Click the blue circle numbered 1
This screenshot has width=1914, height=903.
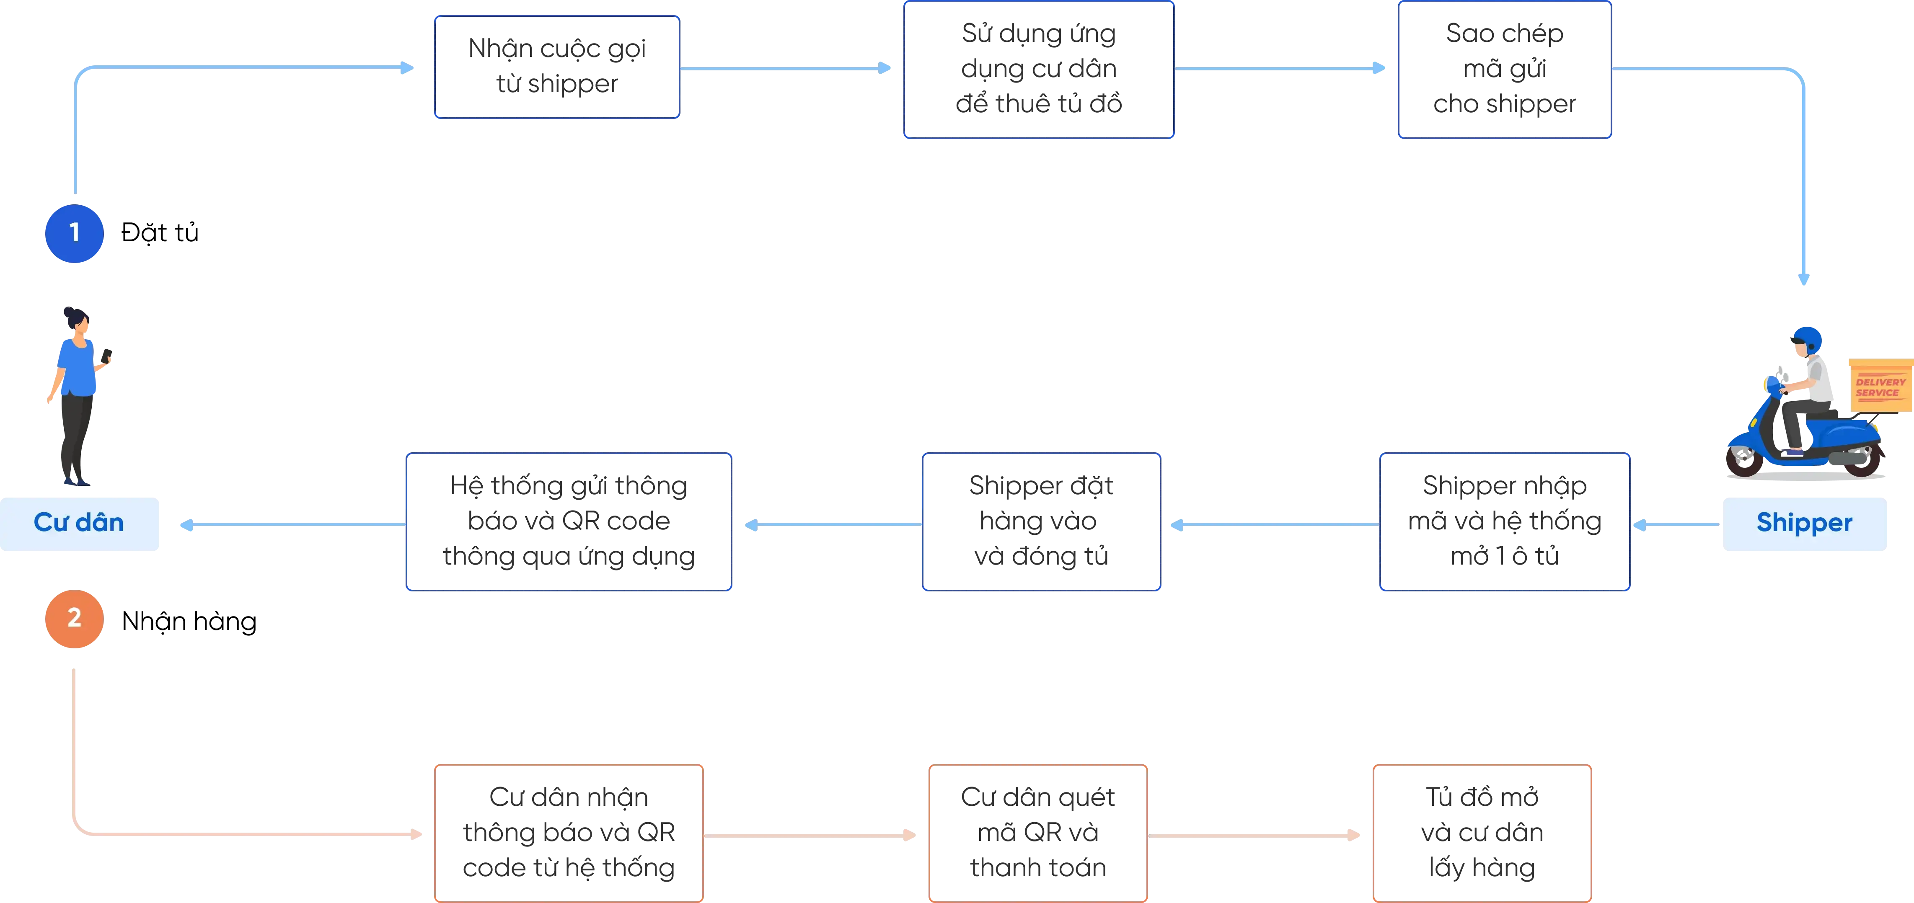pyautogui.click(x=74, y=233)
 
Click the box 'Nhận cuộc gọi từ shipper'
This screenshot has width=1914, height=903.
pyautogui.click(x=556, y=67)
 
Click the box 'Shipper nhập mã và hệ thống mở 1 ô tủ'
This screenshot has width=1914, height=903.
pyautogui.click(x=1505, y=522)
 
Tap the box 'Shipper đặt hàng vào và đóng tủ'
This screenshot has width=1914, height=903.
pyautogui.click(x=1042, y=522)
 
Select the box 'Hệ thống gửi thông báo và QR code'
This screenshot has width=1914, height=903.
pyautogui.click(x=569, y=522)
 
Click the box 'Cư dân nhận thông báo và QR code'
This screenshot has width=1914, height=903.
pyautogui.click(x=568, y=833)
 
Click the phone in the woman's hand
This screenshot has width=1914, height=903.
pyautogui.click(x=106, y=355)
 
